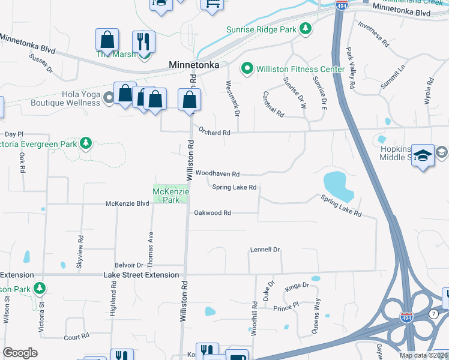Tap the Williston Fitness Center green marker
point(247,69)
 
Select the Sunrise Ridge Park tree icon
point(306,29)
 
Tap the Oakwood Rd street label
point(212,213)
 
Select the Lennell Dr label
point(265,249)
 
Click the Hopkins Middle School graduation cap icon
point(423,155)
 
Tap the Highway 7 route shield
point(433,313)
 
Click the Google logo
point(20,353)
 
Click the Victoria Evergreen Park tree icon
point(86,143)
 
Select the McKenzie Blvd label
point(127,203)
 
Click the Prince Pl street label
point(286,308)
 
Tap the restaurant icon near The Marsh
point(143,41)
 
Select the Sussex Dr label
point(41,64)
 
